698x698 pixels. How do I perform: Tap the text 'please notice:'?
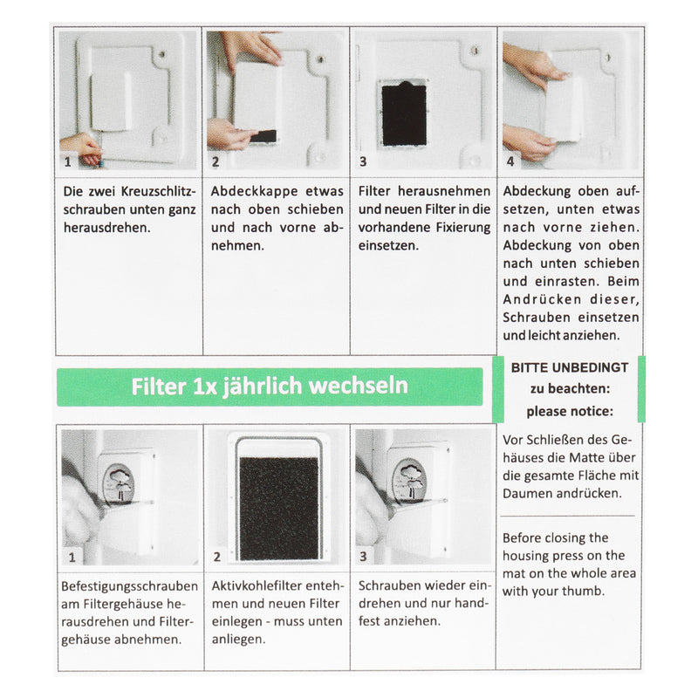click(x=569, y=410)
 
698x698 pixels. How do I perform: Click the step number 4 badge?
click(x=510, y=161)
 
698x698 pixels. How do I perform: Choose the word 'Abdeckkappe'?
click(x=248, y=190)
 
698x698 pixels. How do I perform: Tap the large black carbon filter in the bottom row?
click(x=278, y=507)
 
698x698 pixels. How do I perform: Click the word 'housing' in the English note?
click(x=526, y=556)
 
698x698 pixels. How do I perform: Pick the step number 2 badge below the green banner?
click(x=216, y=556)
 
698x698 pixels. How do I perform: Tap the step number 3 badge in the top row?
click(x=363, y=161)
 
